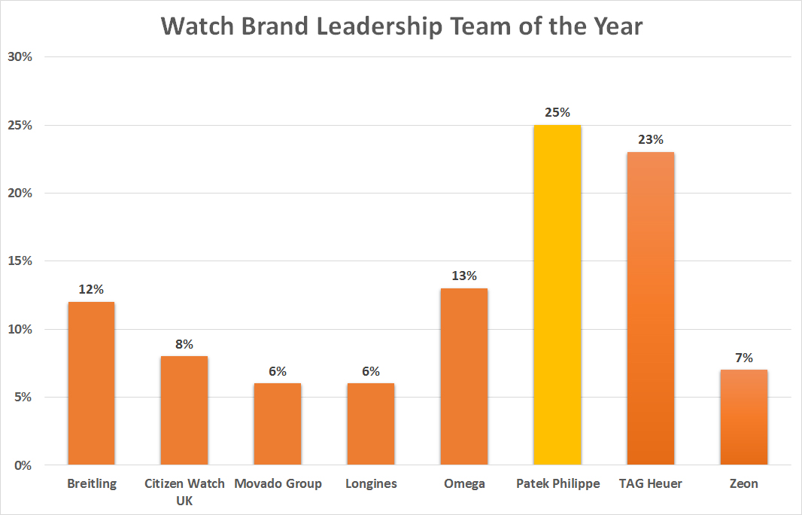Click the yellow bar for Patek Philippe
coord(557,295)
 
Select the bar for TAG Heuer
coord(650,309)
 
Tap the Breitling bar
coord(91,383)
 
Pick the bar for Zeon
coord(743,417)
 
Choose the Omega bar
coord(463,376)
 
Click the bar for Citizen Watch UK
coord(184,410)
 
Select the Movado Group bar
coord(278,424)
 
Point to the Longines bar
coord(370,424)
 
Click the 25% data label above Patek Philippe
coord(557,113)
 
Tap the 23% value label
coord(650,140)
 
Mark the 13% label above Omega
coord(463,276)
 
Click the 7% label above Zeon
coord(743,358)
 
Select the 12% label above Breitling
coord(91,289)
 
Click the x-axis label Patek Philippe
coord(557,484)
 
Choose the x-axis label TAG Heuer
coord(650,484)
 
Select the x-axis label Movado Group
coord(278,484)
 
